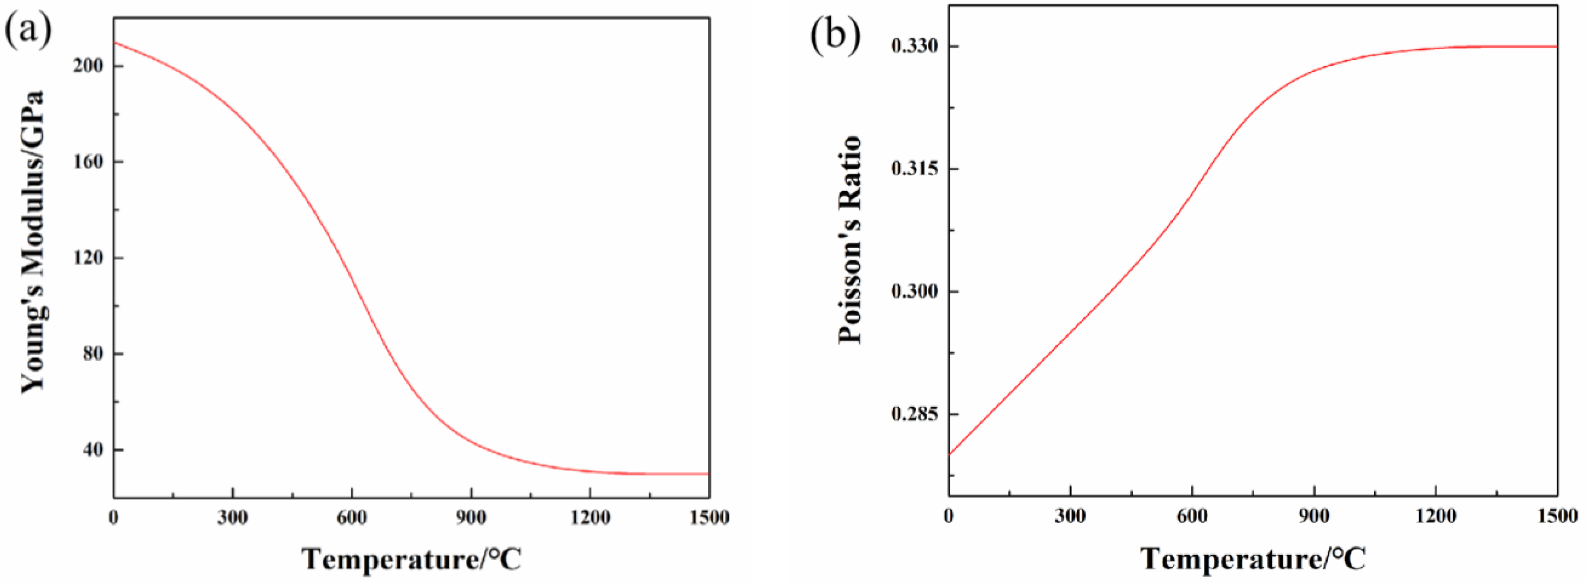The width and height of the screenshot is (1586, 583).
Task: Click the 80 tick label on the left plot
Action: pos(94,354)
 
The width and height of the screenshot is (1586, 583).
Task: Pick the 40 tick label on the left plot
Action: pos(94,450)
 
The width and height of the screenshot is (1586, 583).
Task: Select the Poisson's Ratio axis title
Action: pos(849,240)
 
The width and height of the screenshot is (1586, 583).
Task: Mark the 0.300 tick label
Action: pos(914,291)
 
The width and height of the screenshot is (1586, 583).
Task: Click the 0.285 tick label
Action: pos(914,414)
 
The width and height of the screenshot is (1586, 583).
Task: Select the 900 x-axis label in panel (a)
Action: pos(471,518)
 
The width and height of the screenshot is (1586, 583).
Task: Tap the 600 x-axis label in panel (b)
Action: pos(1193,516)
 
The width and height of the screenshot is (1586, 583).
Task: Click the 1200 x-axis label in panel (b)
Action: pos(1436,516)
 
